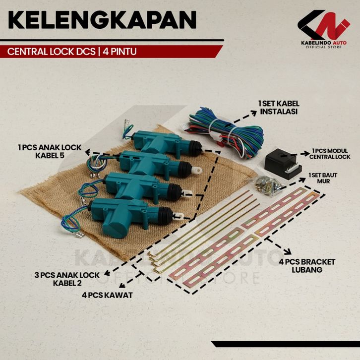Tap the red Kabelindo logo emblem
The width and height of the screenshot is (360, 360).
323,27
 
